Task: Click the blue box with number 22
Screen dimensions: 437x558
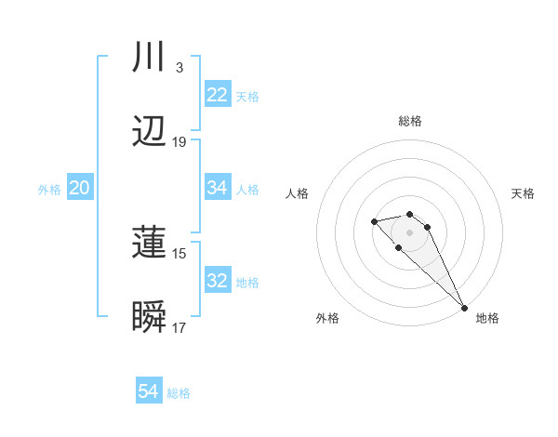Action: pyautogui.click(x=218, y=95)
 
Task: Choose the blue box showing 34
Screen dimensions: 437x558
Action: pyautogui.click(x=218, y=188)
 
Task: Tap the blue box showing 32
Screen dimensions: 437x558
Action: pyautogui.click(x=218, y=281)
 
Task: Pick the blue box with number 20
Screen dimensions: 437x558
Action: pyautogui.click(x=80, y=188)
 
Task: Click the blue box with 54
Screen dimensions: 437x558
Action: pyautogui.click(x=149, y=392)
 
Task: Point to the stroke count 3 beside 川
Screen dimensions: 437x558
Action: pyautogui.click(x=179, y=68)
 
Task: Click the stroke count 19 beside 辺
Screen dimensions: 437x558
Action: pyautogui.click(x=179, y=142)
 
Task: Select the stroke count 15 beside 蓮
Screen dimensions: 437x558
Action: pyautogui.click(x=179, y=254)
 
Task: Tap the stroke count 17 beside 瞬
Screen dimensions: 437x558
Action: pyautogui.click(x=179, y=328)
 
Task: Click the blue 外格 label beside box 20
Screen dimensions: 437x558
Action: pyautogui.click(x=49, y=189)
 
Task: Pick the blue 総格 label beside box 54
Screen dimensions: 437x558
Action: pyautogui.click(x=179, y=393)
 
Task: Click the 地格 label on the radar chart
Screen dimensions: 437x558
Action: pyautogui.click(x=487, y=318)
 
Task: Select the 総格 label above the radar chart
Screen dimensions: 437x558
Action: pyautogui.click(x=410, y=121)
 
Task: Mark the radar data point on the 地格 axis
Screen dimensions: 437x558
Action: pyautogui.click(x=464, y=308)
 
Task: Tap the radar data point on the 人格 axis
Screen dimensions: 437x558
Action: pyautogui.click(x=374, y=221)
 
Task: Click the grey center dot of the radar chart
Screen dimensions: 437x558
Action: pyautogui.click(x=409, y=232)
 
